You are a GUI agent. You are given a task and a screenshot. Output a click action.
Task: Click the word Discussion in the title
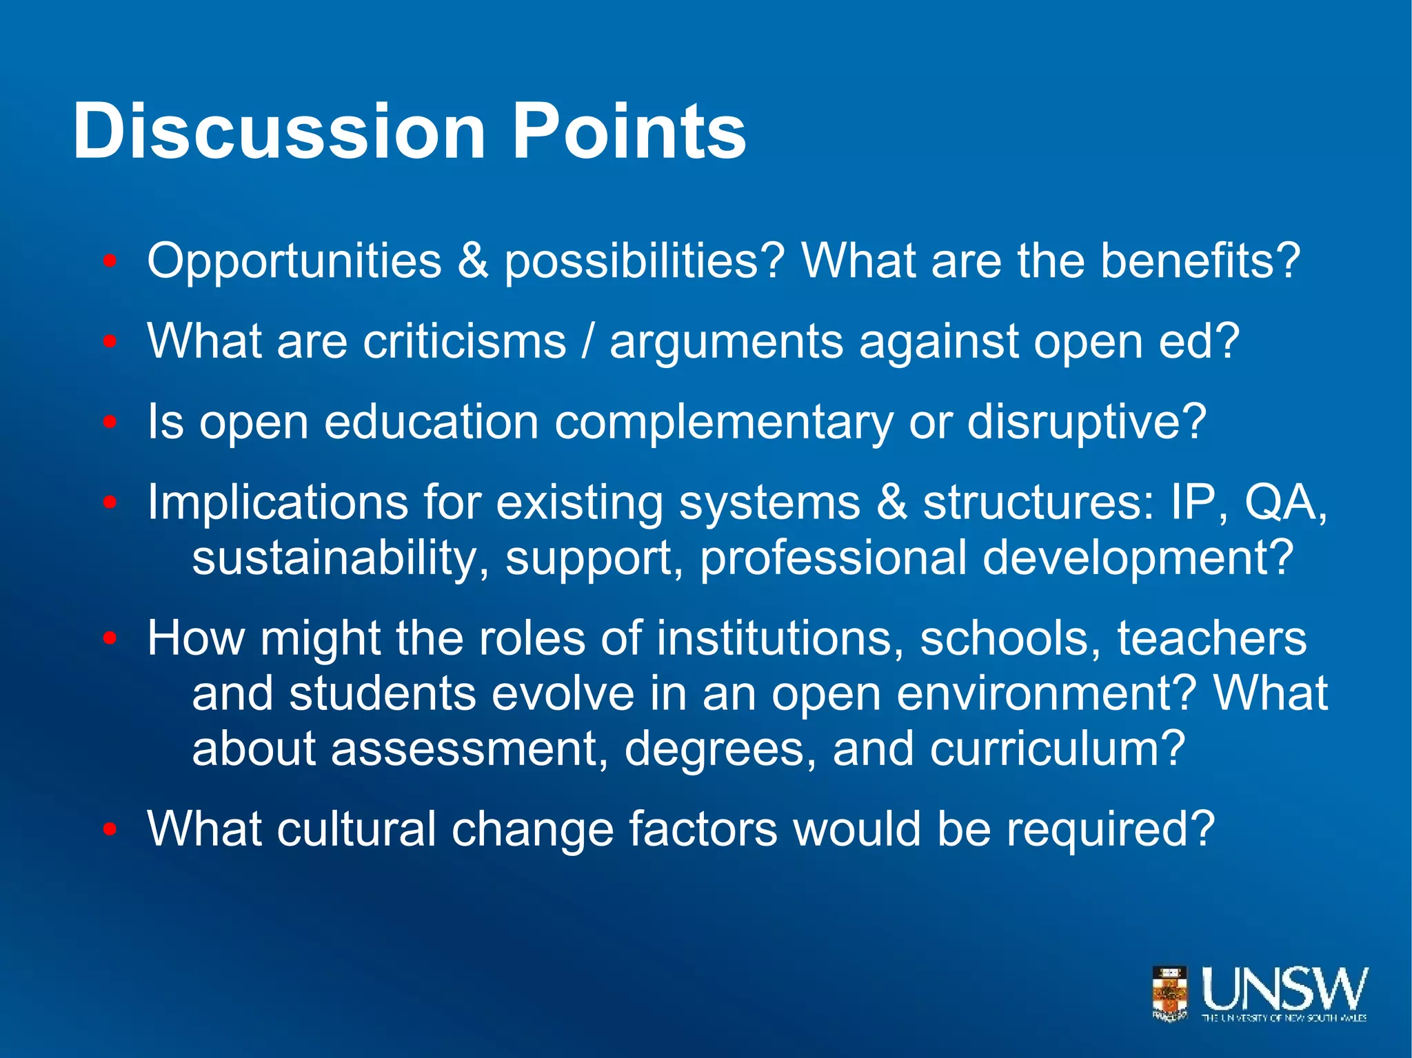[279, 131]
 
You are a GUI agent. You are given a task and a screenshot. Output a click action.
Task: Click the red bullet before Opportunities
[110, 262]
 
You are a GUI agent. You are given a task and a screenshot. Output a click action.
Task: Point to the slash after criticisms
[587, 341]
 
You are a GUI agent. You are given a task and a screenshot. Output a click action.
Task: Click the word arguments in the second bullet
[726, 343]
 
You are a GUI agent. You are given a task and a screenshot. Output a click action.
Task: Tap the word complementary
[723, 423]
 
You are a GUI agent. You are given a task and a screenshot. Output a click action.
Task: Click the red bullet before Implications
[110, 503]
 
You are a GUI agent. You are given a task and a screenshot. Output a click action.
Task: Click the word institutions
[780, 638]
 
